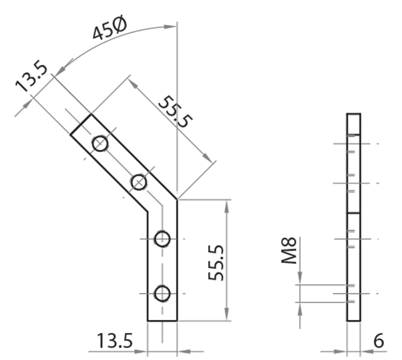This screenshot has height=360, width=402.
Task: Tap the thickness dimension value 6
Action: pos(379,341)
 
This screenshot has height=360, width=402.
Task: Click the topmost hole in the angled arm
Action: pos(100,144)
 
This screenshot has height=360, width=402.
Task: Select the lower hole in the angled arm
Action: pos(139,183)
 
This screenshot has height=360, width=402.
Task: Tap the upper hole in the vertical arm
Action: pos(162,239)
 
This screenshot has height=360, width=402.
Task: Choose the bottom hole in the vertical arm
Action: pos(162,293)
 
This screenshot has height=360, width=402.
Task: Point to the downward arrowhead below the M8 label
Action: pos(300,279)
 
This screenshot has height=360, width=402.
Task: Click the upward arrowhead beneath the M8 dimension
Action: pos(300,308)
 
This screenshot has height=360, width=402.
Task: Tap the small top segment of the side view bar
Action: pos(354,123)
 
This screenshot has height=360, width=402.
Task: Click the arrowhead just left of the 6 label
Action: pos(366,350)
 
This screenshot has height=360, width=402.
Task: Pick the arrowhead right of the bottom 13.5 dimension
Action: pos(183,350)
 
